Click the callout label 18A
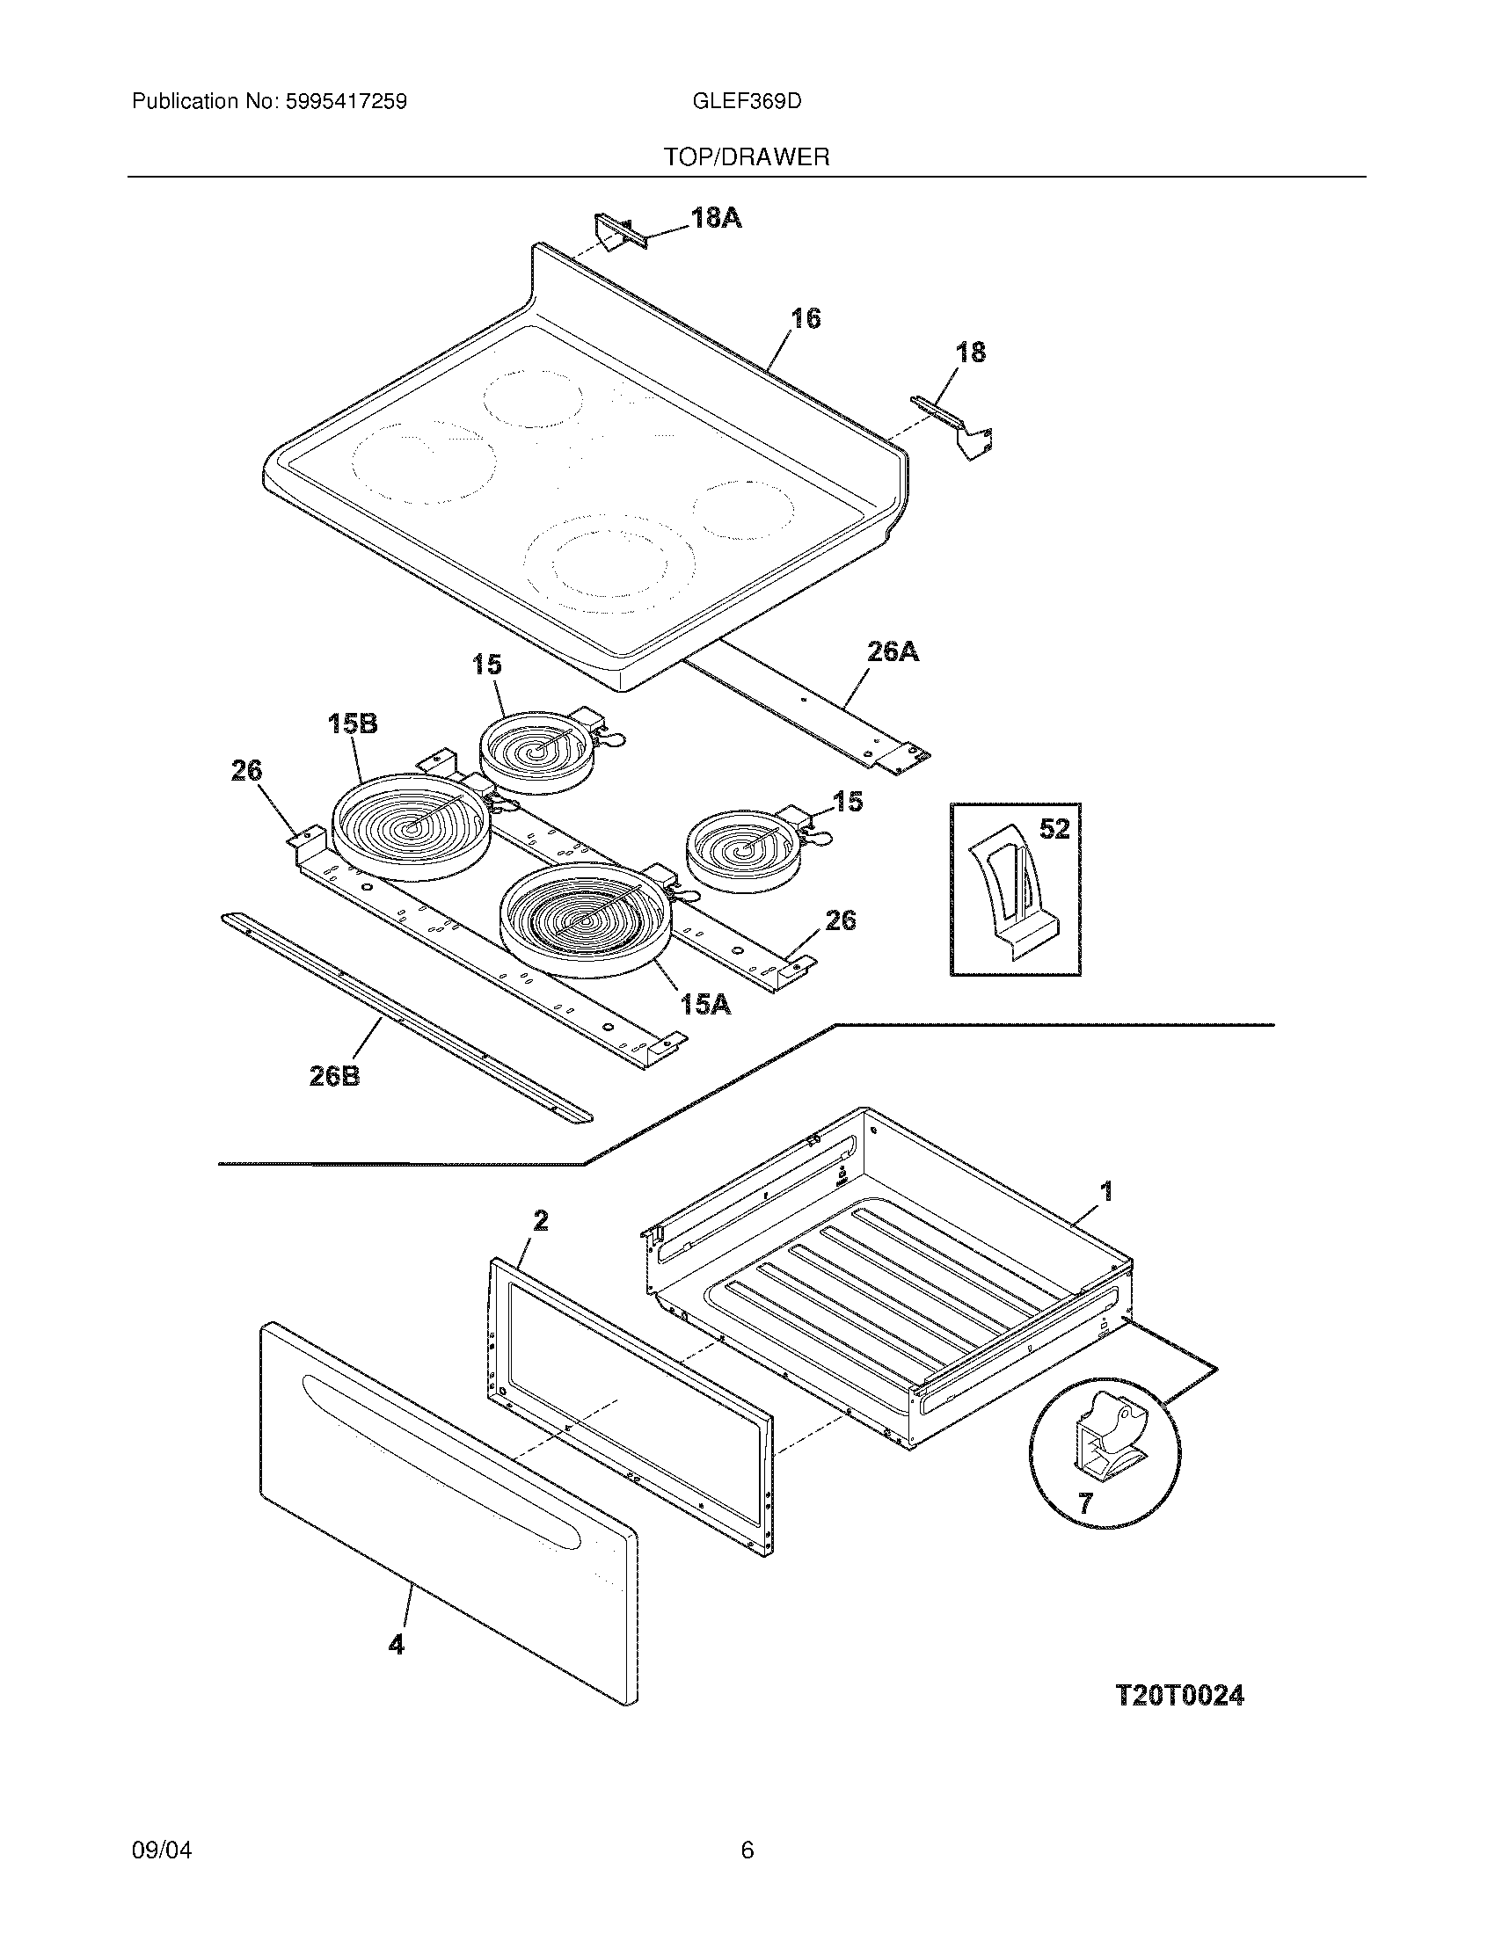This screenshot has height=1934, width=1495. [x=716, y=217]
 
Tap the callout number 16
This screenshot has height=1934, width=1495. [x=805, y=318]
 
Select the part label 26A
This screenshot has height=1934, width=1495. [x=892, y=652]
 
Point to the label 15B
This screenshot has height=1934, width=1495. [x=353, y=723]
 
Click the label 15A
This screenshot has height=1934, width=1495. [x=705, y=1004]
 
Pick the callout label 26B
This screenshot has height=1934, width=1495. [x=334, y=1076]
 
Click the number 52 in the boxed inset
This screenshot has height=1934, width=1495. [x=1054, y=829]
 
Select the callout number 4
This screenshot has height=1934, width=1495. [x=396, y=1645]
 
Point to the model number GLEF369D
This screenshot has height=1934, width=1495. [x=747, y=102]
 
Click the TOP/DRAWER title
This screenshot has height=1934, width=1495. [x=747, y=157]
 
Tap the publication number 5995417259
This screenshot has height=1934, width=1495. [x=346, y=102]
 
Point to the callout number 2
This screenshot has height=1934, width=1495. [x=540, y=1221]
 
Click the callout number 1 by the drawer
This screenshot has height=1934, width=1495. [x=1106, y=1192]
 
